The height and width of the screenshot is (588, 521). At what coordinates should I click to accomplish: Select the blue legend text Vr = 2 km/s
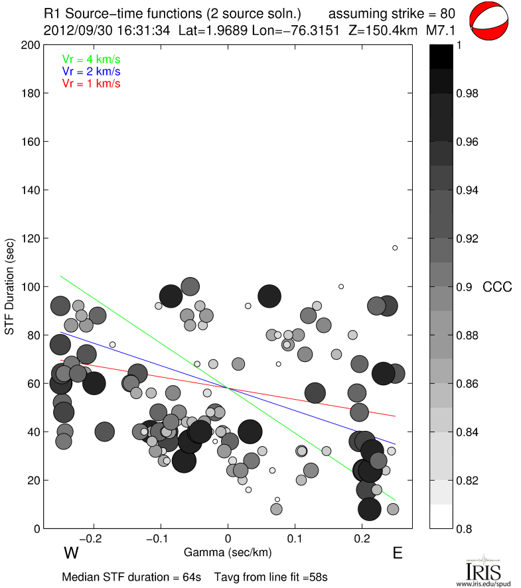click(91, 71)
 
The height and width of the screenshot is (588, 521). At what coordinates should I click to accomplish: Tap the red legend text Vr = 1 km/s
click(91, 84)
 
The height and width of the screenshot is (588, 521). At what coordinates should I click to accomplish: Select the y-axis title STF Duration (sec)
click(11, 286)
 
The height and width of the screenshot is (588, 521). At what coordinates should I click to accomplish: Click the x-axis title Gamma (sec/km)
click(228, 552)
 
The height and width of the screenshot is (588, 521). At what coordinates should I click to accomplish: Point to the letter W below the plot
click(72, 553)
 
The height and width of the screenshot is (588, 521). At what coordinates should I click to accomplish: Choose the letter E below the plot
click(398, 553)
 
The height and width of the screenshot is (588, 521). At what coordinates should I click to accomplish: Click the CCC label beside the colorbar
click(497, 287)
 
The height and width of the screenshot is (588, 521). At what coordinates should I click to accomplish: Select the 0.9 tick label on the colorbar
click(464, 287)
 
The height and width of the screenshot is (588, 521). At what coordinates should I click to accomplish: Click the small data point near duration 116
click(395, 248)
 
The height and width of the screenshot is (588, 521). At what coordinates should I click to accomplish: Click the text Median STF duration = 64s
click(131, 577)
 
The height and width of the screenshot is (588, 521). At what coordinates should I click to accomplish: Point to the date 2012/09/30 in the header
click(72, 30)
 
